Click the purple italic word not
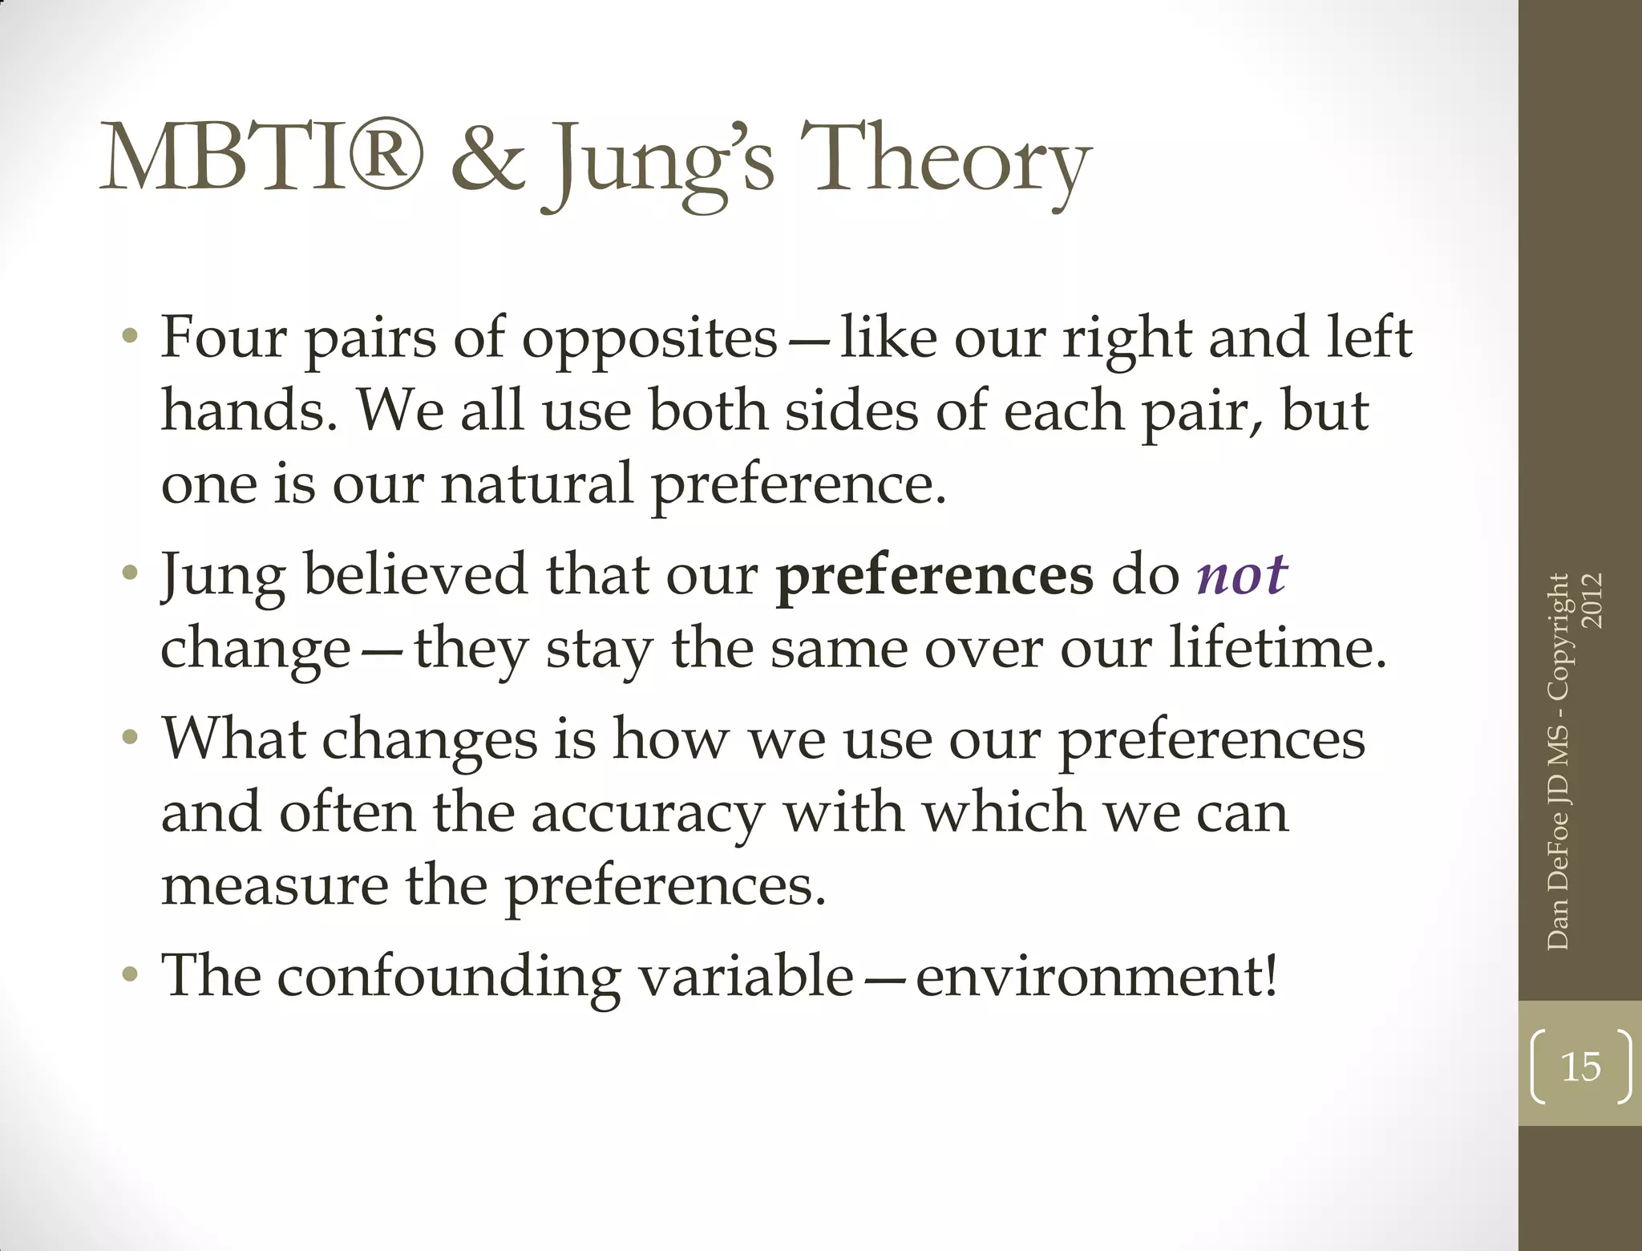point(1241,574)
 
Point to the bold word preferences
point(935,576)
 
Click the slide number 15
point(1580,1067)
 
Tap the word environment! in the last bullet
point(1097,977)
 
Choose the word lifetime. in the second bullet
point(1277,647)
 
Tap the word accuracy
point(648,814)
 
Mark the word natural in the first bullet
point(536,484)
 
